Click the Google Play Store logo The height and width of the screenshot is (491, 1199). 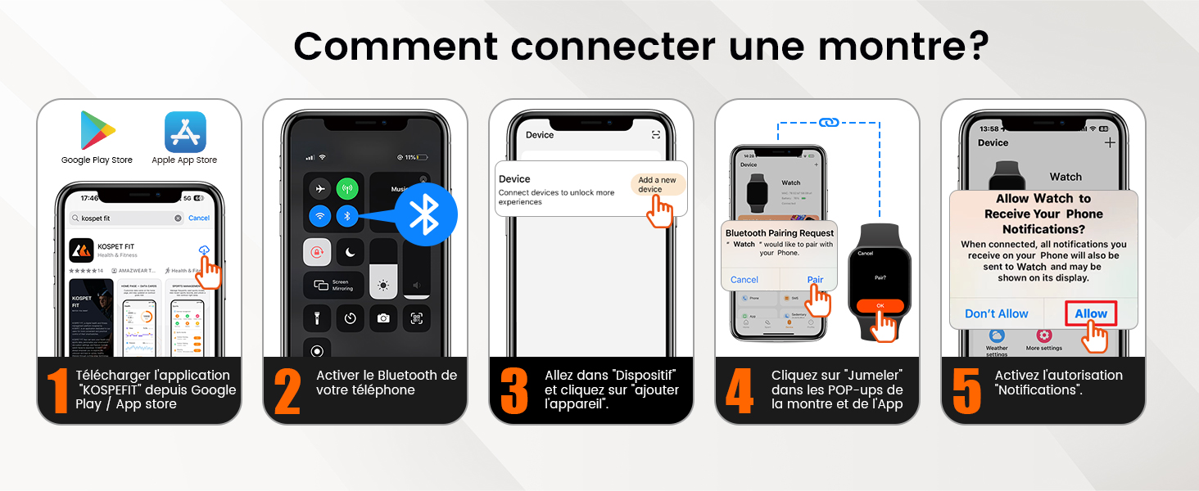(x=97, y=130)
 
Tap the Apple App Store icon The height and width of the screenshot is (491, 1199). (x=185, y=132)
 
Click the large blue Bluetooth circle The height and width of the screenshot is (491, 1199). (x=423, y=215)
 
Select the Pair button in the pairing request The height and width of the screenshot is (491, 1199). (x=814, y=280)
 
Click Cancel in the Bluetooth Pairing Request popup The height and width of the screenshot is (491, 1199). (x=744, y=280)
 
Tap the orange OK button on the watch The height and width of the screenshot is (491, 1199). (x=880, y=306)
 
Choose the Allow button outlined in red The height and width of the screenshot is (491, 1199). (x=1090, y=313)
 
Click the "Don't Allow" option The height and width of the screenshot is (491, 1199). (x=996, y=313)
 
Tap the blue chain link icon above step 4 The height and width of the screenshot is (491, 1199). (x=828, y=123)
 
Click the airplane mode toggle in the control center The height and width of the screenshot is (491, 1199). (x=319, y=189)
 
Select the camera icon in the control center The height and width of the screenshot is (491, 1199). (x=382, y=318)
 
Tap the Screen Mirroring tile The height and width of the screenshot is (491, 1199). (x=328, y=286)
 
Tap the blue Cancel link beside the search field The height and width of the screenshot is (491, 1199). (x=199, y=218)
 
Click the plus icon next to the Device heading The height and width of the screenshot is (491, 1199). (x=1110, y=142)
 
